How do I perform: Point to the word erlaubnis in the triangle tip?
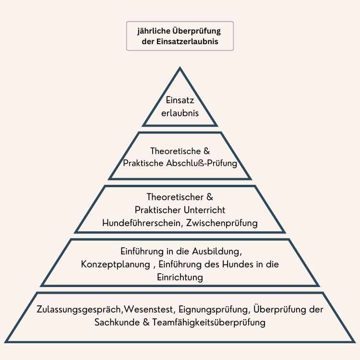coord(180,114)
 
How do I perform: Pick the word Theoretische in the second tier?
coord(173,151)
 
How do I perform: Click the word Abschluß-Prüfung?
coord(208,163)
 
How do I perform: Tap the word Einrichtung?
coord(180,277)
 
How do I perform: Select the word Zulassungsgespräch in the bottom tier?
coord(80,309)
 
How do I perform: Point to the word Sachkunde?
coord(115,322)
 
